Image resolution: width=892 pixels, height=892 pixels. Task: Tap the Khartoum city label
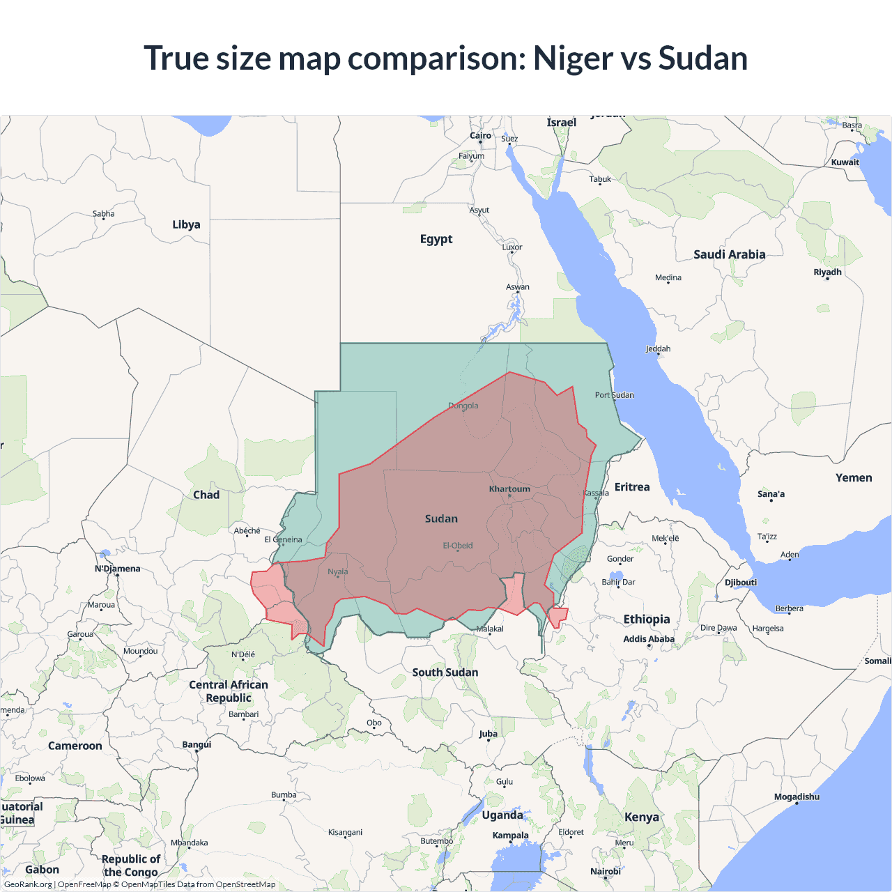pos(509,489)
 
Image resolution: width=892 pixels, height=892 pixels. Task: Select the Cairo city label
pos(480,136)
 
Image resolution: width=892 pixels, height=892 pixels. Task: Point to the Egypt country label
pos(436,239)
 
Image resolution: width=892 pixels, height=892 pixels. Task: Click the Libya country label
pos(186,224)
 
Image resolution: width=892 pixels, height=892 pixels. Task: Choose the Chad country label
pos(206,495)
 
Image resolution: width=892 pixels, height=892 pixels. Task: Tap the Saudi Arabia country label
pos(729,254)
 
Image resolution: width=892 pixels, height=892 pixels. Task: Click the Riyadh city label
pos(827,272)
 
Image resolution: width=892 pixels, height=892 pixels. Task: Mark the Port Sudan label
pos(614,395)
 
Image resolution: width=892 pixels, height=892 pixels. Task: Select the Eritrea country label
pos(632,487)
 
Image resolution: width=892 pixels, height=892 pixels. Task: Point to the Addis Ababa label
pos(649,639)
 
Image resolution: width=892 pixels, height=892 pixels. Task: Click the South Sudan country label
pos(445,672)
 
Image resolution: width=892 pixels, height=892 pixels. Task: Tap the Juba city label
pos(488,734)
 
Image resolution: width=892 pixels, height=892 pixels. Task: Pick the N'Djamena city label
pos(117,569)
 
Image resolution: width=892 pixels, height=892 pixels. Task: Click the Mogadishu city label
pos(797,797)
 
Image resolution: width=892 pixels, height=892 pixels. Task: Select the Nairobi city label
pos(605,871)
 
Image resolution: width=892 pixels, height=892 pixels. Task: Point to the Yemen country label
pos(854,477)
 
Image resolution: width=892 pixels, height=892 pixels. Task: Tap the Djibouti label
pos(740,583)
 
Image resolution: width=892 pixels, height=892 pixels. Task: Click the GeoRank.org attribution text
pos(28,884)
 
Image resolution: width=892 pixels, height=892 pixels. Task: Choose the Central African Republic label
pos(229,691)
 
